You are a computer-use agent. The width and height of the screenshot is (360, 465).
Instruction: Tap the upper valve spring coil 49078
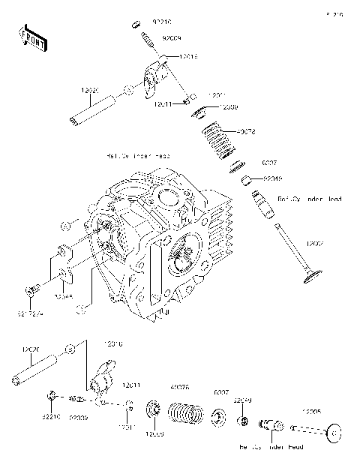219,141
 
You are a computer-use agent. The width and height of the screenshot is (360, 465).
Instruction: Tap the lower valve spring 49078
184,412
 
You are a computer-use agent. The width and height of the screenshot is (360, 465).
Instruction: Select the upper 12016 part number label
188,56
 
